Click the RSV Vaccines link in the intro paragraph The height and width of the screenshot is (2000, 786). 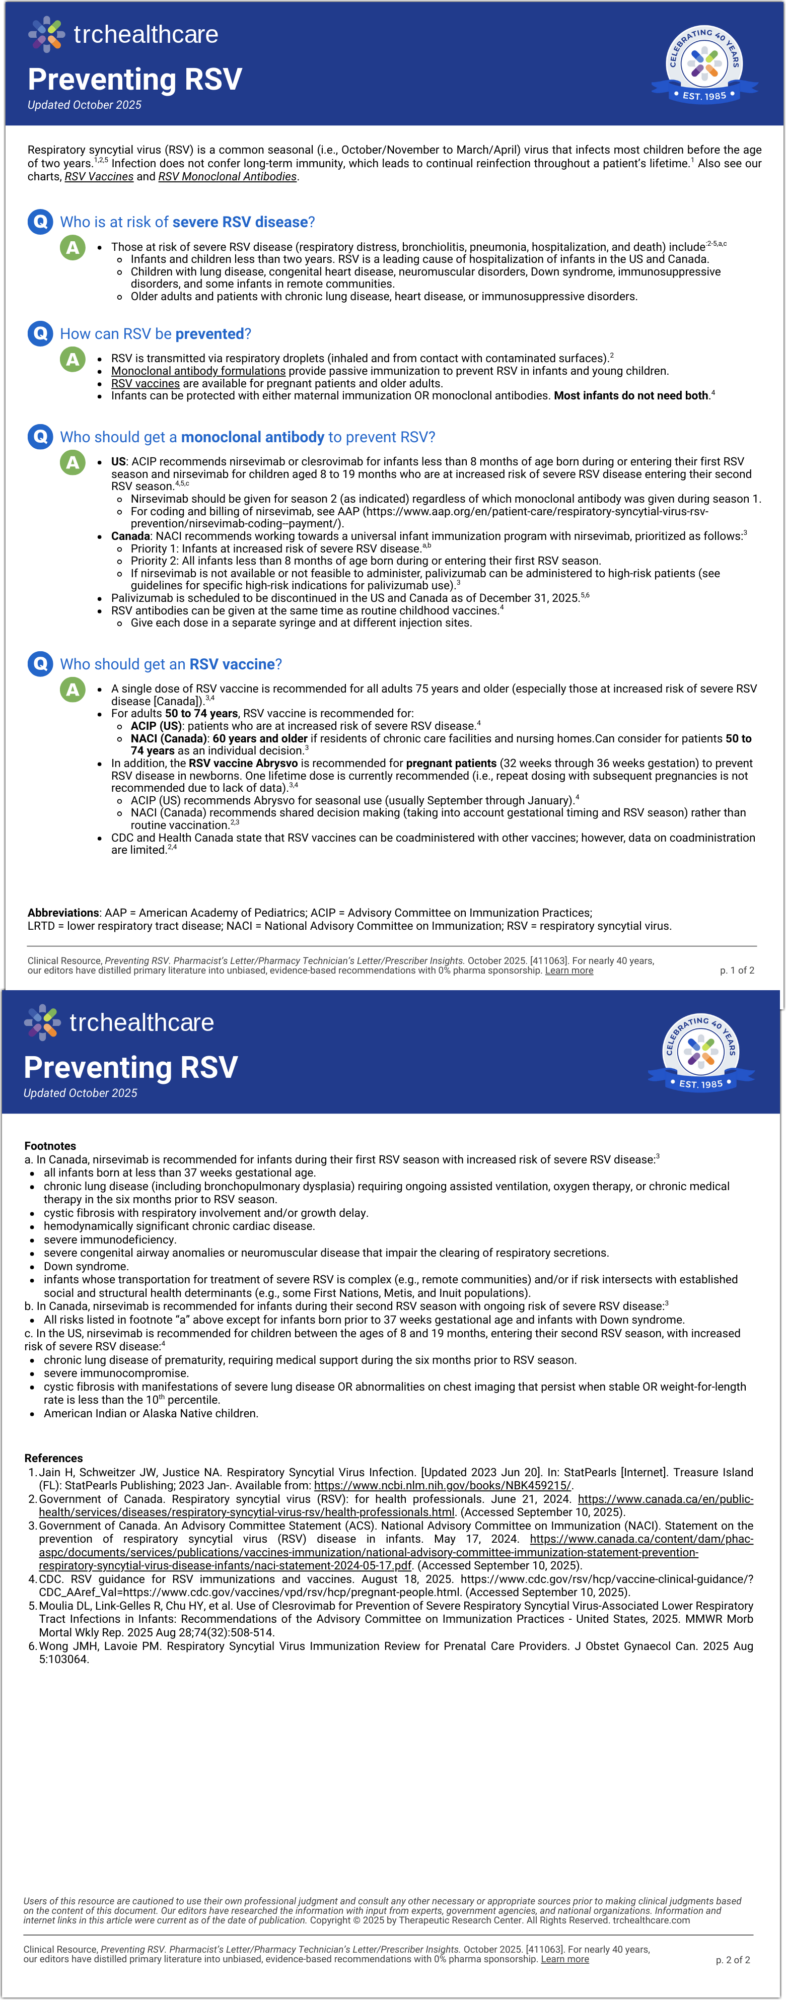(99, 176)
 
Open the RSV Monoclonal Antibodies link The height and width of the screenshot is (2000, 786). (228, 176)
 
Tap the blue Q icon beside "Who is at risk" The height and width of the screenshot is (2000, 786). (40, 221)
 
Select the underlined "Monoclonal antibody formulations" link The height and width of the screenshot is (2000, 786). (198, 371)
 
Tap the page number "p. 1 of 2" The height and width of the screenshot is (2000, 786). (736, 971)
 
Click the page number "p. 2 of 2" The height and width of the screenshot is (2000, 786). (733, 1960)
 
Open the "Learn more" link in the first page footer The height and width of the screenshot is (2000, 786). (569, 971)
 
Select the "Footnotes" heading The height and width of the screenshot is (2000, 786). (50, 1146)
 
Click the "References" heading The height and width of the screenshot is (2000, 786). (53, 1458)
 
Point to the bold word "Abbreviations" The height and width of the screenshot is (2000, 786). (63, 913)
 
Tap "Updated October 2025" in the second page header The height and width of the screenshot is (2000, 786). (80, 1093)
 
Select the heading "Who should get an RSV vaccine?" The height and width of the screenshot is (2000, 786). (171, 664)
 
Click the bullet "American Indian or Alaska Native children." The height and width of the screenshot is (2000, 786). (151, 1413)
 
